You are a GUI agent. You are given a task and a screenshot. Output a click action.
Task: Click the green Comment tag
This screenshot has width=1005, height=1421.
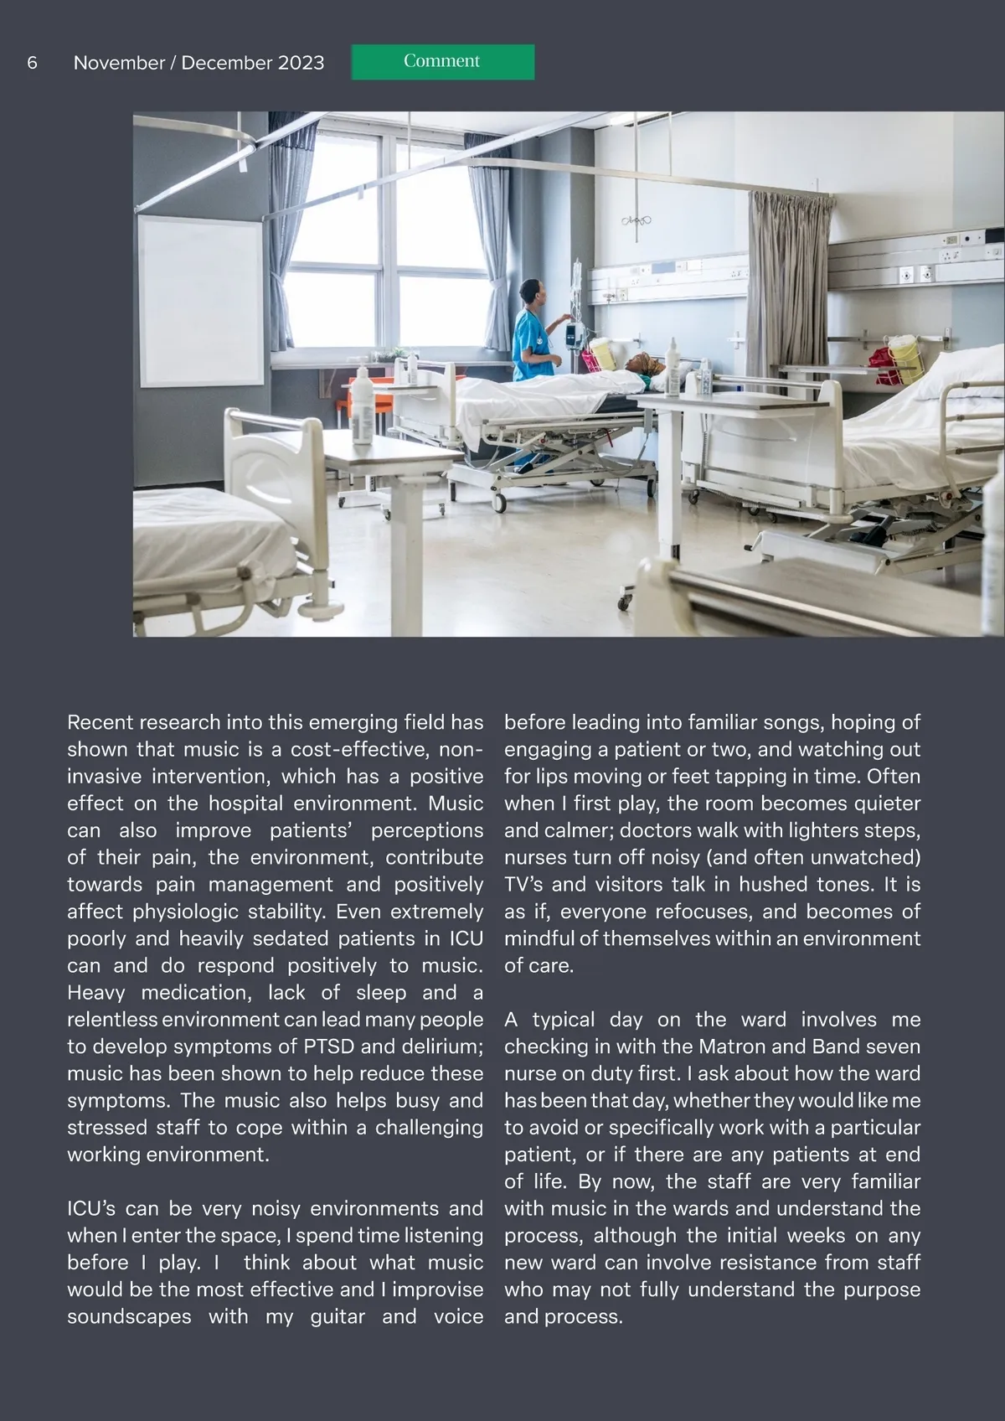442,62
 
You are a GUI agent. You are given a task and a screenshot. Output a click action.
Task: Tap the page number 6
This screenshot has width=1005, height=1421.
32,63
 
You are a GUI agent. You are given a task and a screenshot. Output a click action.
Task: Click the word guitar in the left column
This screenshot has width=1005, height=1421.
338,1316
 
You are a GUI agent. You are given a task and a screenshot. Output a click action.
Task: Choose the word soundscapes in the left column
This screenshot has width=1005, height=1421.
129,1316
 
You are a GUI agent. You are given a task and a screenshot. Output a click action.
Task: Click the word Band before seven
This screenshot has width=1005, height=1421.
814,1046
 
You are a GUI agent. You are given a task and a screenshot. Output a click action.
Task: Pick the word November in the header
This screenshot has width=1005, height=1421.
119,63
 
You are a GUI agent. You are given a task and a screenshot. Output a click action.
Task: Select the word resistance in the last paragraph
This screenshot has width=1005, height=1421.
761,1263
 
